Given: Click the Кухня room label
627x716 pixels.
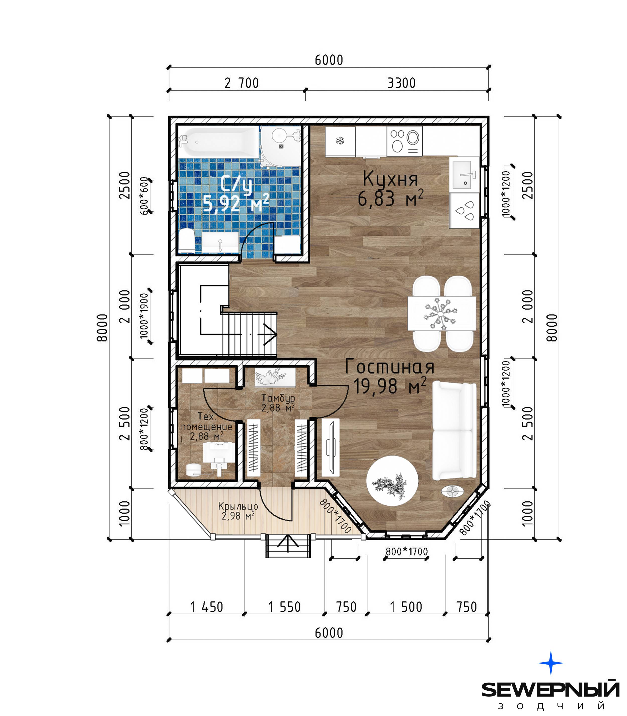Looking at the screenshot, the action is point(390,179).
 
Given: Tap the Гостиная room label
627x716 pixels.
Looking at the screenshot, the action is point(389,366).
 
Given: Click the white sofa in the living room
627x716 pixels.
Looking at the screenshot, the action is point(454,431).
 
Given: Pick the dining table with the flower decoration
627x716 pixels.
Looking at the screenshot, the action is point(442,314).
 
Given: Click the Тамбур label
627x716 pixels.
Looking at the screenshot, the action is point(278,398).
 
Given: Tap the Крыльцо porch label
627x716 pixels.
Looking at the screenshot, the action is point(238,506).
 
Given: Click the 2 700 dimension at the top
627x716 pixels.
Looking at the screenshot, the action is point(242,83).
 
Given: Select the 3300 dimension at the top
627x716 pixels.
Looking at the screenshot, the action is point(401,83).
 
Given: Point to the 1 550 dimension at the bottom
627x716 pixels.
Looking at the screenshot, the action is point(284,607).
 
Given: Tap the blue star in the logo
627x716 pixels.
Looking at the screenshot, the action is point(551,663).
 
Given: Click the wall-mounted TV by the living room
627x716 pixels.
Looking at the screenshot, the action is point(331,448).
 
